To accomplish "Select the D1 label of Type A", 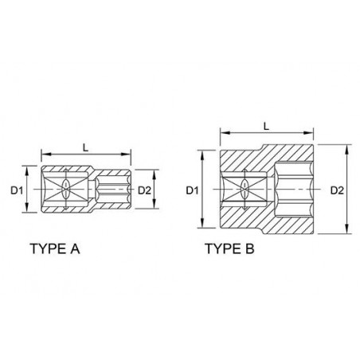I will click(17, 190).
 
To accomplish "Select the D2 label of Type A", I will click(144, 190).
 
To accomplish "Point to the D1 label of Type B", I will click(191, 190).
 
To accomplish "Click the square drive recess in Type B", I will click(245, 190).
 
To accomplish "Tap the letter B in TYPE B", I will click(248, 248).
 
